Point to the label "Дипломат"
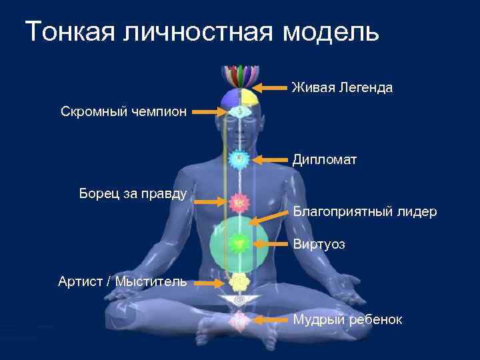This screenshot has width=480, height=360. [x=325, y=159]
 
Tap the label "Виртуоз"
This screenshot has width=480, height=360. [x=319, y=245]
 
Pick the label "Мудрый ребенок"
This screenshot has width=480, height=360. [x=347, y=319]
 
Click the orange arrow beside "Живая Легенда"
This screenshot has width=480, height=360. [x=272, y=87]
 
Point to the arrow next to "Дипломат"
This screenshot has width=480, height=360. [x=271, y=159]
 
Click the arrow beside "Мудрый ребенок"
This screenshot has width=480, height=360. [x=271, y=320]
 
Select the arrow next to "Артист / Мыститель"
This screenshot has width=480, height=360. [x=209, y=283]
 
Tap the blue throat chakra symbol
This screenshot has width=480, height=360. [x=239, y=159]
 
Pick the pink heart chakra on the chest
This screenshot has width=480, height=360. [x=239, y=201]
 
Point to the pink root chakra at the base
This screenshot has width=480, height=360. [x=239, y=321]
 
